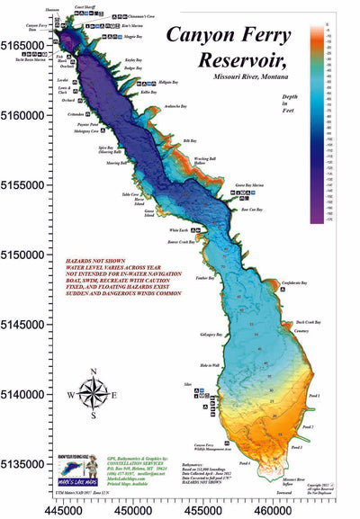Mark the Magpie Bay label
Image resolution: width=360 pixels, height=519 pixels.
133,38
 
